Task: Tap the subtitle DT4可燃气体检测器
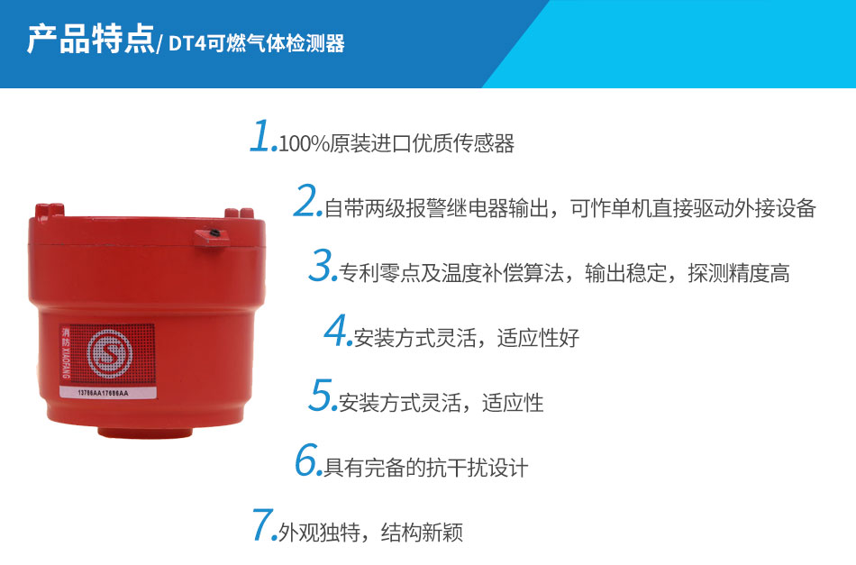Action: point(257,43)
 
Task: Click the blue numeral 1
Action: point(262,136)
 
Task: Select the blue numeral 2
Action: point(306,201)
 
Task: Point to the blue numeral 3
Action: point(322,265)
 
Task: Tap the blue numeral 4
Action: point(336,331)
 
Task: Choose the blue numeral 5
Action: point(322,395)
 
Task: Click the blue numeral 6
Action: point(307,460)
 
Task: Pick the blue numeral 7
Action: point(264,524)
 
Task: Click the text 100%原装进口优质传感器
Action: point(396,143)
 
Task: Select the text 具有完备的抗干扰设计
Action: point(426,468)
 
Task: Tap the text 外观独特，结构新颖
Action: point(370,533)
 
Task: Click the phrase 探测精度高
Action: point(739,273)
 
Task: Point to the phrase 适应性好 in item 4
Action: point(538,338)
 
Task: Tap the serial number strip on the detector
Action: point(108,393)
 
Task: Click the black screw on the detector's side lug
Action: point(214,233)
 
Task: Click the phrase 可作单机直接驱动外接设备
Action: point(693,208)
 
